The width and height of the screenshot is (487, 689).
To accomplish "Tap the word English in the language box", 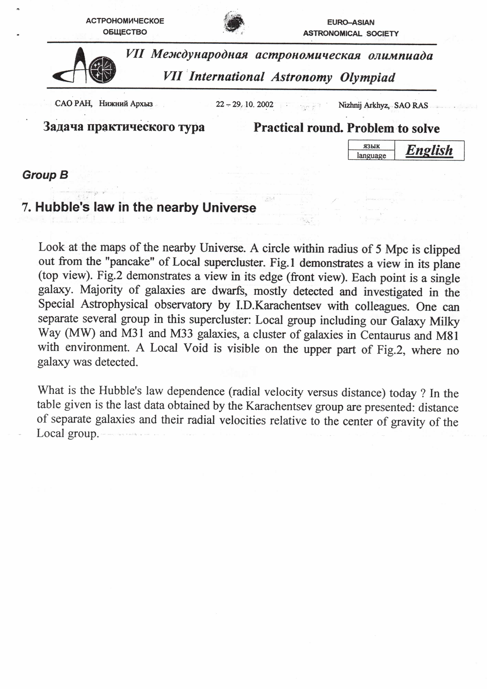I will [x=429, y=150].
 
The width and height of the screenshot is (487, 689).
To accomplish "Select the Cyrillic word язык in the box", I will [x=371, y=146].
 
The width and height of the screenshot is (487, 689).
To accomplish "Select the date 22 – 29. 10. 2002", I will [x=244, y=104].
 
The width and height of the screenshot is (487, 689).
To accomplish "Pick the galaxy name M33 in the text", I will [x=181, y=333].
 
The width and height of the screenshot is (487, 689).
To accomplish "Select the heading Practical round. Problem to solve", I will [x=346, y=128].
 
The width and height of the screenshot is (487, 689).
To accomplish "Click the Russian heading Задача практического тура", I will [x=124, y=127].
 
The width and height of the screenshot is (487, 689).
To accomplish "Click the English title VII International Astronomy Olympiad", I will [x=279, y=77].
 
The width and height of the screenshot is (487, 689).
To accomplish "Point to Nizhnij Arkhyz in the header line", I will [x=364, y=105].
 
